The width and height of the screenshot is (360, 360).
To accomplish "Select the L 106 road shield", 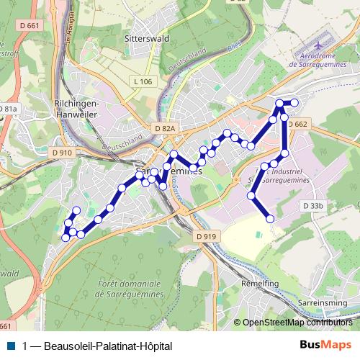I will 143,81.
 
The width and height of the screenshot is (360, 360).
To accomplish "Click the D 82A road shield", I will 165,128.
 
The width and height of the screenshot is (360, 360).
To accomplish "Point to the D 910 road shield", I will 62,153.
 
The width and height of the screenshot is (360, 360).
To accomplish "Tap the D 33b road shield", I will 313,206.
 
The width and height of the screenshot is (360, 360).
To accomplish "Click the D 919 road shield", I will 205,236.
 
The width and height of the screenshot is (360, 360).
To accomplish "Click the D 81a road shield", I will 9,109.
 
